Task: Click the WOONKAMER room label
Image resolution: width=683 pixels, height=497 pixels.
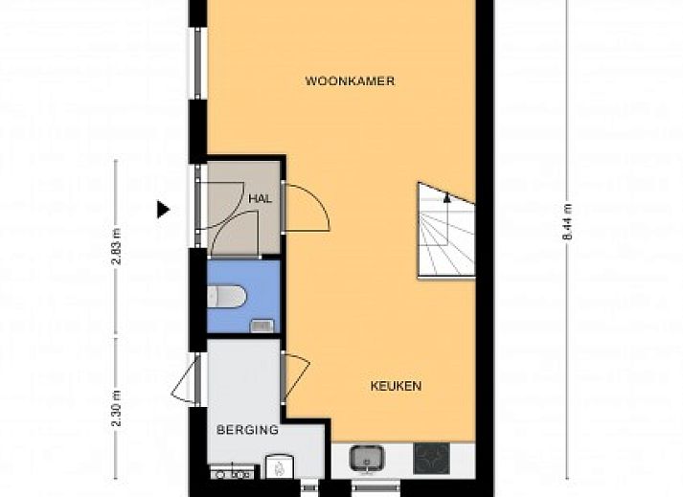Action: [350, 81]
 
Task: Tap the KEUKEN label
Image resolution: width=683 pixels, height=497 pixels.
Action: [396, 386]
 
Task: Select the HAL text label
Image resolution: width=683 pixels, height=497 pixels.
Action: [260, 199]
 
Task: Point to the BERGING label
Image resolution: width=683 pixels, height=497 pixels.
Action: [247, 430]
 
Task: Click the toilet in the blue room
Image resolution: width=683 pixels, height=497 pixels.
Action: [226, 296]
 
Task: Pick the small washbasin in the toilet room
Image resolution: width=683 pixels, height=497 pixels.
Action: [262, 326]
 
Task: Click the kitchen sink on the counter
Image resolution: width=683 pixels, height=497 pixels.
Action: [367, 459]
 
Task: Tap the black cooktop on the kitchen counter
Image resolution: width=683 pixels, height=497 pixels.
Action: [431, 459]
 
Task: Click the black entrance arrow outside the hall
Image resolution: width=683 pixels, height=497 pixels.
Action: [163, 210]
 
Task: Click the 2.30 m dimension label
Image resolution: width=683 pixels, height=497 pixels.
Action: [116, 409]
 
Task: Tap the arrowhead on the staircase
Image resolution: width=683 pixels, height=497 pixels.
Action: [447, 197]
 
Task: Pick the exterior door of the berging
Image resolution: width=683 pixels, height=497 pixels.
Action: [183, 377]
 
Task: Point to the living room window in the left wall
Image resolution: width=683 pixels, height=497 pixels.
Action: [197, 63]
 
